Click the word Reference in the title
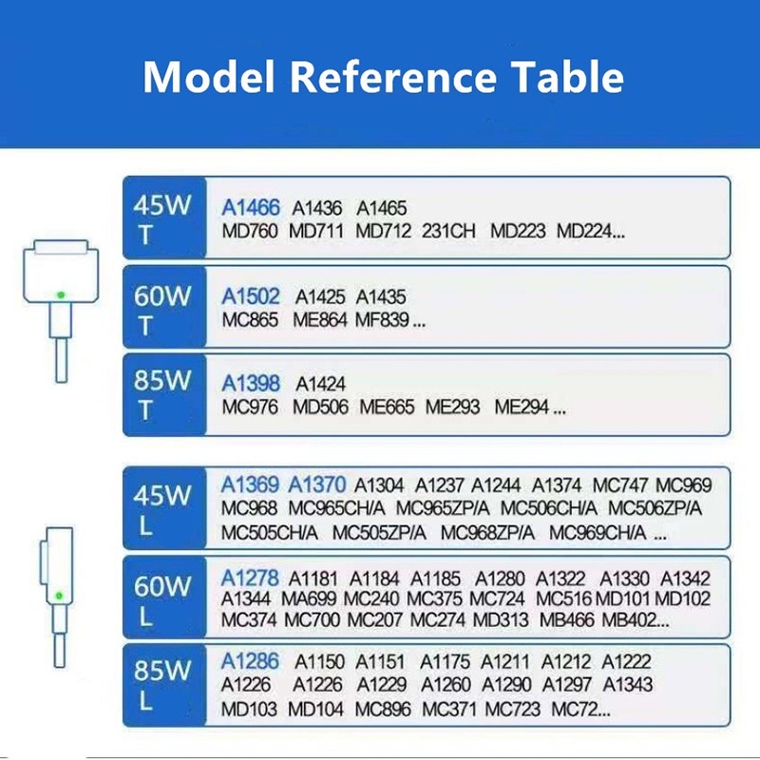click(393, 77)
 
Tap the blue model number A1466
click(251, 208)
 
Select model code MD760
click(250, 231)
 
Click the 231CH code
click(448, 231)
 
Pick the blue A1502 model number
click(251, 296)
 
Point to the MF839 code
click(383, 320)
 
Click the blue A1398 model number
click(251, 384)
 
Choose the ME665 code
click(387, 408)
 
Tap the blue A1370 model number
click(317, 484)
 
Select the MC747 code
click(620, 485)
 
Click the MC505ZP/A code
click(379, 533)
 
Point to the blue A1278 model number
click(250, 579)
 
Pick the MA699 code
click(309, 599)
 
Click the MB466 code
click(566, 620)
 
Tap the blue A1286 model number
click(250, 661)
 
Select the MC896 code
click(383, 710)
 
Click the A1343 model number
click(628, 685)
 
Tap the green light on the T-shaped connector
click(61, 294)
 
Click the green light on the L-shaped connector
click(59, 596)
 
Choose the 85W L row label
click(161, 685)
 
